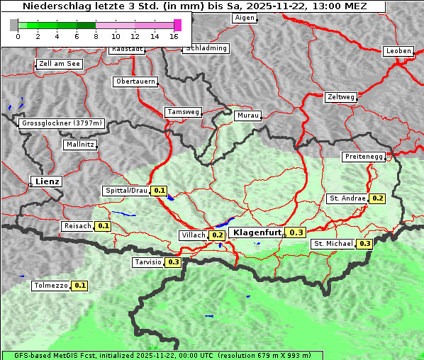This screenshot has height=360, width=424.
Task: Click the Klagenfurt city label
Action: pyautogui.click(x=256, y=232)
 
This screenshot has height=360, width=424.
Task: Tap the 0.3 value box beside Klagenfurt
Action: pyautogui.click(x=296, y=232)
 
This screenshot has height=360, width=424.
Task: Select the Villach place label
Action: pyautogui.click(x=194, y=235)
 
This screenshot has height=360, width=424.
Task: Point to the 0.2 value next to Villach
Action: pyautogui.click(x=217, y=235)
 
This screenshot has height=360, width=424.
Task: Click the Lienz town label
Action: pyautogui.click(x=46, y=181)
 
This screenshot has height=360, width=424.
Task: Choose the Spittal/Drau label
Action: pyautogui.click(x=126, y=191)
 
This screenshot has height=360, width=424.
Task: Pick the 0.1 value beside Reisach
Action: pyautogui.click(x=103, y=226)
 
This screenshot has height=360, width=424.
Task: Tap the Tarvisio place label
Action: pyautogui.click(x=148, y=262)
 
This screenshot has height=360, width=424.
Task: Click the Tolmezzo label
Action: pyautogui.click(x=51, y=286)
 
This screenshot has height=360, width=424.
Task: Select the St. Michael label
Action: pyautogui.click(x=334, y=244)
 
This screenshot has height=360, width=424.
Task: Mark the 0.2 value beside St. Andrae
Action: pyautogui.click(x=377, y=198)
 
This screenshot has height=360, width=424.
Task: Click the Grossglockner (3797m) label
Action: pyautogui.click(x=62, y=123)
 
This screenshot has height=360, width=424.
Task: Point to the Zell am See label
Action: pyautogui.click(x=60, y=64)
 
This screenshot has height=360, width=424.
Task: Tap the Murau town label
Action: pyautogui.click(x=248, y=115)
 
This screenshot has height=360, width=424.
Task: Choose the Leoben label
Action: pyautogui.click(x=397, y=51)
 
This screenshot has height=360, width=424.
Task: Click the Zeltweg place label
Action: pyautogui.click(x=340, y=96)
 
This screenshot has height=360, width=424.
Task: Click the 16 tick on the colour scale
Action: pyautogui.click(x=174, y=36)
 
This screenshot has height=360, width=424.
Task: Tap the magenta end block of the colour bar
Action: pyautogui.click(x=177, y=25)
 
